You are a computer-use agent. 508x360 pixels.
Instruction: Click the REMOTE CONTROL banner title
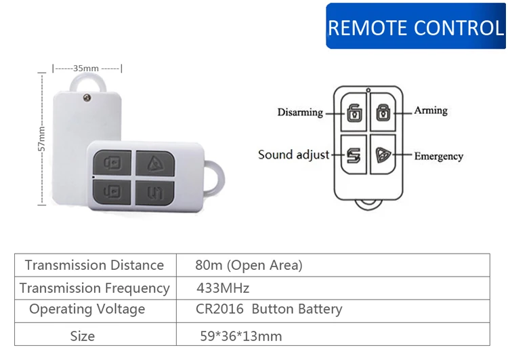point(416,27)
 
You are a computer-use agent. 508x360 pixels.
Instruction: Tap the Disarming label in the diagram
point(300,112)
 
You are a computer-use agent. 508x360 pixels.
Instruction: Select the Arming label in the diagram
point(431,110)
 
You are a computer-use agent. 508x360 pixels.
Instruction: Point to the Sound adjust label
point(293,155)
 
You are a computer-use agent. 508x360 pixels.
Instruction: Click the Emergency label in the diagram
point(439,156)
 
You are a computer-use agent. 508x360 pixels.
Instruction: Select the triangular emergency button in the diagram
point(383,155)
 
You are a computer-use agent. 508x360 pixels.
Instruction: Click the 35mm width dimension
point(86,68)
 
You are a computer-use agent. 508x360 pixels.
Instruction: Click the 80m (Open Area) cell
point(249,265)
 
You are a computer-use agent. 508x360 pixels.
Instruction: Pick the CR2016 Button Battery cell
point(269,310)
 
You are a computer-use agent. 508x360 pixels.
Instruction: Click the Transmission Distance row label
point(94,265)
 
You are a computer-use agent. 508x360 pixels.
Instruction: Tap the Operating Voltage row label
point(87,310)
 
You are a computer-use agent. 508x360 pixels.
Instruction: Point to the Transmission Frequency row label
point(95,288)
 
